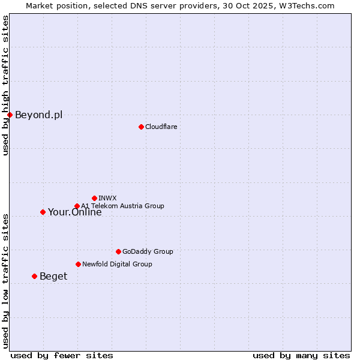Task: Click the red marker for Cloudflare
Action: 141,127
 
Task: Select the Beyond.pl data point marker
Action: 10,115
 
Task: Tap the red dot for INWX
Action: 94,198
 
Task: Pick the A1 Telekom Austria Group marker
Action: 77,206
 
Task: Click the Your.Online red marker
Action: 43,212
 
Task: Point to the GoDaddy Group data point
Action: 118,251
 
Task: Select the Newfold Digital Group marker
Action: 78,264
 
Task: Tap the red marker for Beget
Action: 34,276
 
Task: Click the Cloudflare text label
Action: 161,127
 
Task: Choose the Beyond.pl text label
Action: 38,115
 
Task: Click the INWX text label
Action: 107,198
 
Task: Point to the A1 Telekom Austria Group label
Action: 122,206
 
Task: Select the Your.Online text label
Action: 74,212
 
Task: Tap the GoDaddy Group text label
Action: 148,251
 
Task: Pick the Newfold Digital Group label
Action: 117,264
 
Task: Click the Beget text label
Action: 53,277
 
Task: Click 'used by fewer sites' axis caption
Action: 62,355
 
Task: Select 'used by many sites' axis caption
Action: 301,355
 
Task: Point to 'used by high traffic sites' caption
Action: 5,85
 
